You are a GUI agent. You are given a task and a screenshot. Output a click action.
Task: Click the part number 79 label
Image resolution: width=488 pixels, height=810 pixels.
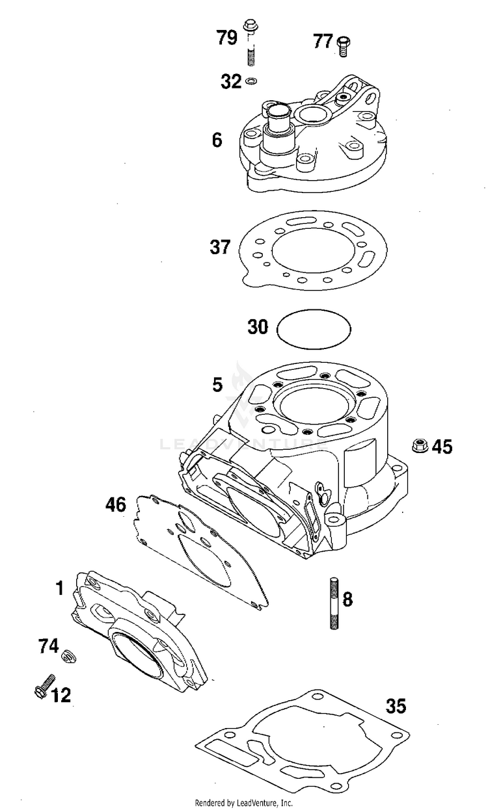(x=227, y=38)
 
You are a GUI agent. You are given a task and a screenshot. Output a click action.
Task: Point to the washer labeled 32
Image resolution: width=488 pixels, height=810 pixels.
(x=251, y=82)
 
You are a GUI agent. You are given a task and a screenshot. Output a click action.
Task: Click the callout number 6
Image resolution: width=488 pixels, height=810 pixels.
(x=217, y=140)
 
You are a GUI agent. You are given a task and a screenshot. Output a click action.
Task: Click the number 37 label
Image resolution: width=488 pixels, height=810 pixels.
(x=219, y=247)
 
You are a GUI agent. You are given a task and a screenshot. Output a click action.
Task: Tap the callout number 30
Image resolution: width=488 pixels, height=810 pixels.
(x=258, y=326)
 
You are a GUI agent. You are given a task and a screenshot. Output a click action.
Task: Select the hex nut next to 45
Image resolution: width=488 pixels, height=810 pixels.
(x=420, y=446)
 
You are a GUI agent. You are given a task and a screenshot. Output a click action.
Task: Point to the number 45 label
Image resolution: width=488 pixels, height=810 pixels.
(x=442, y=447)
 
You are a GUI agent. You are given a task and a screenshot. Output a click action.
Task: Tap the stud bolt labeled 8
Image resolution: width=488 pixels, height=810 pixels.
(x=334, y=602)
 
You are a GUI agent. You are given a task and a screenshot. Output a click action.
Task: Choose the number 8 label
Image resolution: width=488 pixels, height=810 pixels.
(x=347, y=599)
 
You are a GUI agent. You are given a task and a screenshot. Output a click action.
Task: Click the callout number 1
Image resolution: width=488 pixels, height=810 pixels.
(x=59, y=589)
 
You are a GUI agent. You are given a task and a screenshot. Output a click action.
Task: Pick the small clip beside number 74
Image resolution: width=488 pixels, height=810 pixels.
(x=68, y=655)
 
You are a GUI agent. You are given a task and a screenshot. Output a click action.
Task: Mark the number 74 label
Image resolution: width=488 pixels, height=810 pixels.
(x=49, y=646)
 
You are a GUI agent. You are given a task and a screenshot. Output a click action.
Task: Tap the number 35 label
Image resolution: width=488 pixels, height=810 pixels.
(x=396, y=705)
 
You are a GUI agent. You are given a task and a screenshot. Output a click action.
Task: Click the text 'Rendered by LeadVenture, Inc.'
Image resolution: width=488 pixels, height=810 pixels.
(x=244, y=803)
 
